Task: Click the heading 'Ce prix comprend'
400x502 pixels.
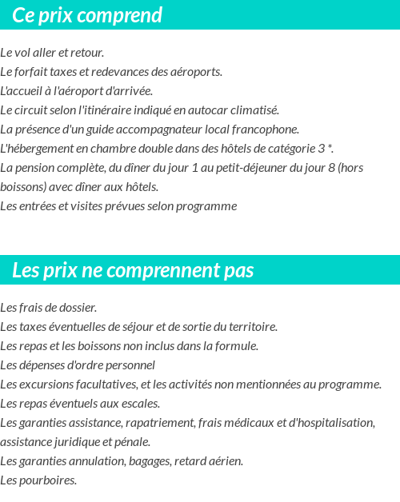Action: [87, 15]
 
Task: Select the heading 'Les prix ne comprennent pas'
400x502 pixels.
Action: [133, 270]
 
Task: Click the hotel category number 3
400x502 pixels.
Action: [322, 149]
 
